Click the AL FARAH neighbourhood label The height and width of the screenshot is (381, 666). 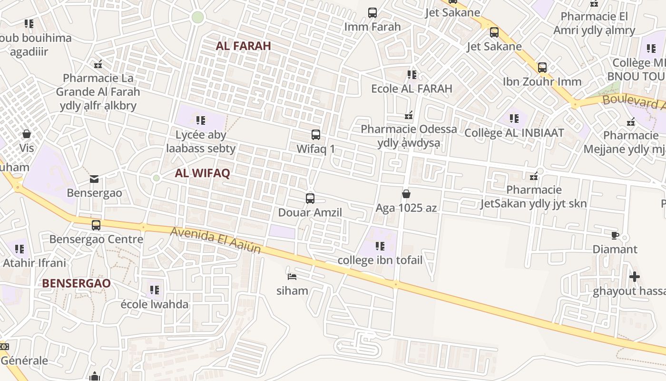(x=243, y=46)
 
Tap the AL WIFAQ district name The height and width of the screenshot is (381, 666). (x=202, y=173)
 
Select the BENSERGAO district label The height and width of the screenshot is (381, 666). (x=76, y=283)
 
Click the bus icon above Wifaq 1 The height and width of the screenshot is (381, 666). (x=316, y=135)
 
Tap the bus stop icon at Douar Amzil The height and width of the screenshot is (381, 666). (x=310, y=198)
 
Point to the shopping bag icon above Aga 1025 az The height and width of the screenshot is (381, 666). (x=406, y=194)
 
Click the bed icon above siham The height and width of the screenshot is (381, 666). (x=292, y=276)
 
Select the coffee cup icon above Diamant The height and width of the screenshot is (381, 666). (x=615, y=235)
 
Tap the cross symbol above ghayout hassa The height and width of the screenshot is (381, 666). (x=634, y=277)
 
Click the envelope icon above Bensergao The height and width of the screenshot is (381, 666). (x=94, y=179)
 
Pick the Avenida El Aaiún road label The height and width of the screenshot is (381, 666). (x=215, y=240)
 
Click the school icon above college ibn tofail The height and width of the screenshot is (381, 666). (x=380, y=246)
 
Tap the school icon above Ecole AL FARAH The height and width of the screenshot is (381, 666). (x=411, y=75)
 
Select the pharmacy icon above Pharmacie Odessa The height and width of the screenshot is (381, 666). (x=409, y=115)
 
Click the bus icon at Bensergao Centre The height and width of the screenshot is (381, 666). (x=96, y=225)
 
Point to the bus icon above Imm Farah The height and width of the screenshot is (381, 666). (x=372, y=13)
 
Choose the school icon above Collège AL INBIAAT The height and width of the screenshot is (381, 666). (x=514, y=119)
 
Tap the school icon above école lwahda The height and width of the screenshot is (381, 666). (x=154, y=290)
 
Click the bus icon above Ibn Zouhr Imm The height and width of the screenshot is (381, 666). (x=542, y=68)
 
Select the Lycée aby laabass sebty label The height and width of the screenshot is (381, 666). (x=201, y=141)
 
